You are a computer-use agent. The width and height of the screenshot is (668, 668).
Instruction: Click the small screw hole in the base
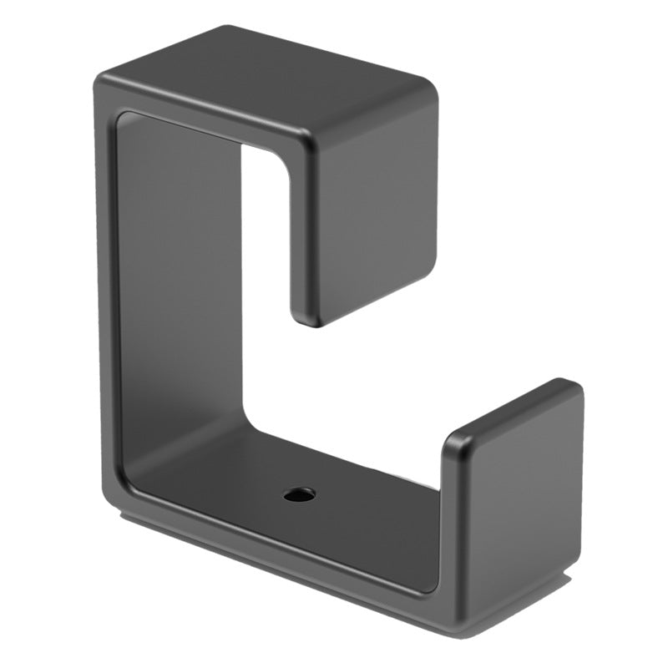299,494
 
